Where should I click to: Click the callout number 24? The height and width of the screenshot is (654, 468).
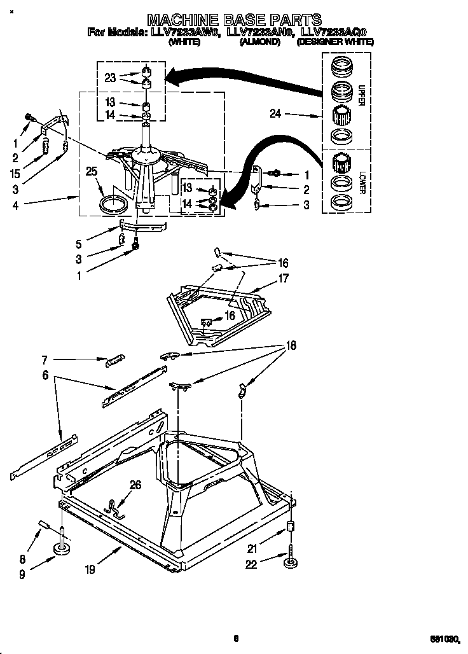275,115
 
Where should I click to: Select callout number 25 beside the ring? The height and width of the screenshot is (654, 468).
92,170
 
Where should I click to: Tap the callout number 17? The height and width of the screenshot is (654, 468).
283,277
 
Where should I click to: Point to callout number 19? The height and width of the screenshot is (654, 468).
90,569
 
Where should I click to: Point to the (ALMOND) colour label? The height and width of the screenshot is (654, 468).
259,42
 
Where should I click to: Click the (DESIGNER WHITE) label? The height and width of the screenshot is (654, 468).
335,42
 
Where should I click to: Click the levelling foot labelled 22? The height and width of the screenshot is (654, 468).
292,560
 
